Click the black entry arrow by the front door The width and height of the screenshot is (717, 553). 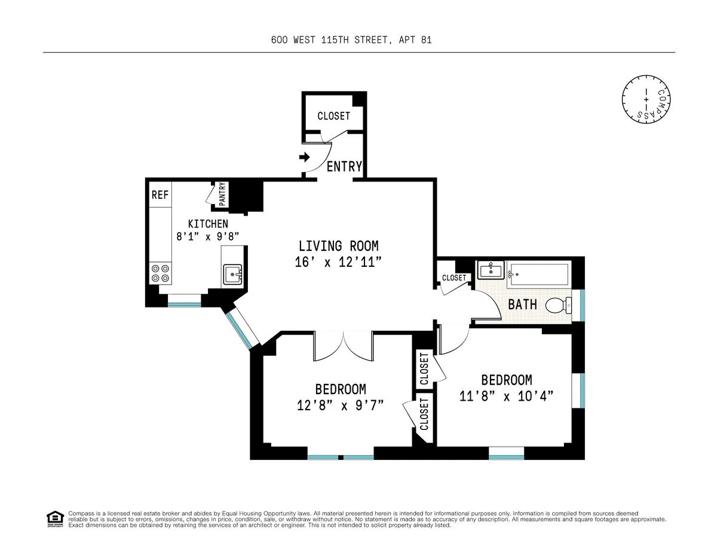(304, 158)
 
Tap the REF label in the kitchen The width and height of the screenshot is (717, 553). (159, 195)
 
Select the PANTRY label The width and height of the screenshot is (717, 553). (222, 195)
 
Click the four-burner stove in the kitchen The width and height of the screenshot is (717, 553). (160, 273)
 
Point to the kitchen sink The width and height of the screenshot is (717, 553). (233, 275)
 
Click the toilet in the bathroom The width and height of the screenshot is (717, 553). (558, 306)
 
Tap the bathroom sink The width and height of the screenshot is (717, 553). (491, 271)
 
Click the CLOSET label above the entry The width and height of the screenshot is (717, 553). (333, 116)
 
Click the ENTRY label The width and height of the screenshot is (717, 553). (344, 167)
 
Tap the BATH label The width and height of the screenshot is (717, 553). (522, 305)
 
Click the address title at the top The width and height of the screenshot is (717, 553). (351, 40)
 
